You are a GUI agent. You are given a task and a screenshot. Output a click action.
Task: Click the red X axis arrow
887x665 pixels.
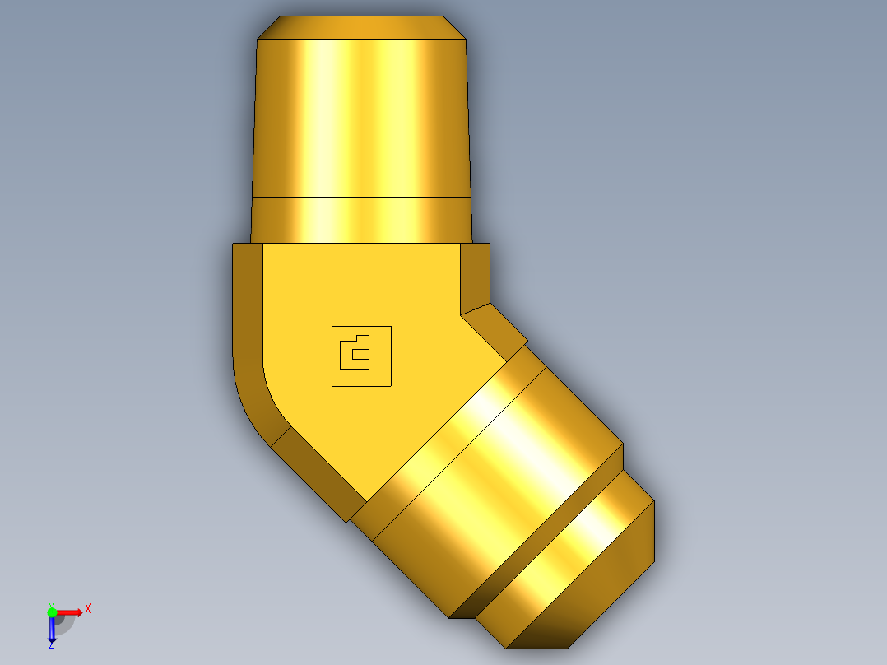point(71,612)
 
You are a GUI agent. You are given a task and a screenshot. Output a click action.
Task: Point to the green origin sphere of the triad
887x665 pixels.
point(52,612)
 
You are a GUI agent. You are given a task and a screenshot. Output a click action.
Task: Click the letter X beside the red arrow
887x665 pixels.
point(88,609)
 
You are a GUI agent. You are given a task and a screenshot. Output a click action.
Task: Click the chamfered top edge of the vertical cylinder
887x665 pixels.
point(362,27)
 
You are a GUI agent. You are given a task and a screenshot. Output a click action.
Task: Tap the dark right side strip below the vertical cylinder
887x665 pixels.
point(475,276)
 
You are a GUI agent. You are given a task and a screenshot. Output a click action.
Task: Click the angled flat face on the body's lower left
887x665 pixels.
point(317,473)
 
